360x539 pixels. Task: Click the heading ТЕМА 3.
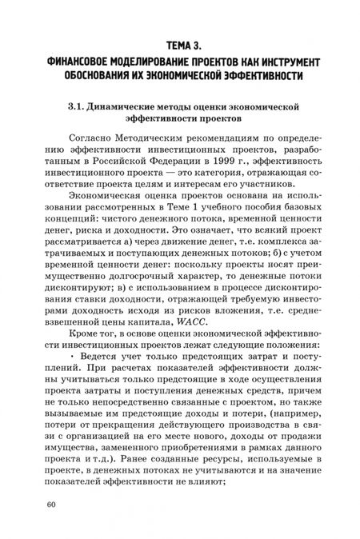(180, 45)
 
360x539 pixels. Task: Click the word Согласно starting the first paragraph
(92, 141)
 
